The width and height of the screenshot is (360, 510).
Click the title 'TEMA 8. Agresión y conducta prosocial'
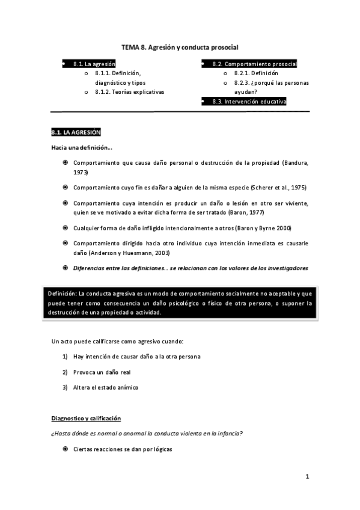[x=180, y=46]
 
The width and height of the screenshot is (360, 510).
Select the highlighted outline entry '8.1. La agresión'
[x=94, y=63]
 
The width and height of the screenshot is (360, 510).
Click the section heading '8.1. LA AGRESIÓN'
[x=76, y=132]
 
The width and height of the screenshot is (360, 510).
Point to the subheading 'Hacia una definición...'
[x=82, y=147]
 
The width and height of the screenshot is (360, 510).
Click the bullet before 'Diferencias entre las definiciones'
[x=65, y=267]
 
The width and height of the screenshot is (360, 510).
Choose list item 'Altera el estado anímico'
[x=106, y=387]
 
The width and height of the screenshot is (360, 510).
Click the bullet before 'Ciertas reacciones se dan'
[x=65, y=449]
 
